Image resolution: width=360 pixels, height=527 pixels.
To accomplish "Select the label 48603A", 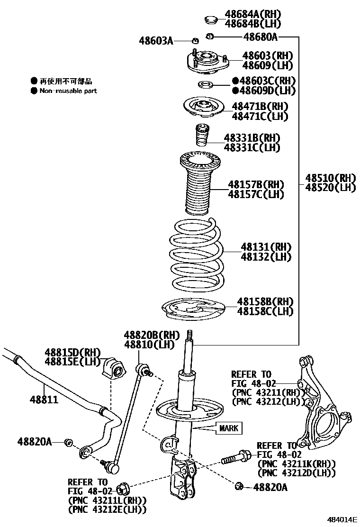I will (x=156, y=41).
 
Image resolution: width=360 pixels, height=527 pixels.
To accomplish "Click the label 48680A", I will (x=260, y=37).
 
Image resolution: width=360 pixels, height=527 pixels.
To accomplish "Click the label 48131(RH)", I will (x=266, y=247).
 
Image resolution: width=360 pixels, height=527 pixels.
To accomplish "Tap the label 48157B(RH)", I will (x=256, y=184).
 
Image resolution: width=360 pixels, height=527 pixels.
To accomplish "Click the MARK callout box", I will (x=229, y=428).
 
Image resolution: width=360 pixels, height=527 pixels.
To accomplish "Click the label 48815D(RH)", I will (x=73, y=352).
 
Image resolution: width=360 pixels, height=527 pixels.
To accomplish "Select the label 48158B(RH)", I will (x=265, y=301).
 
